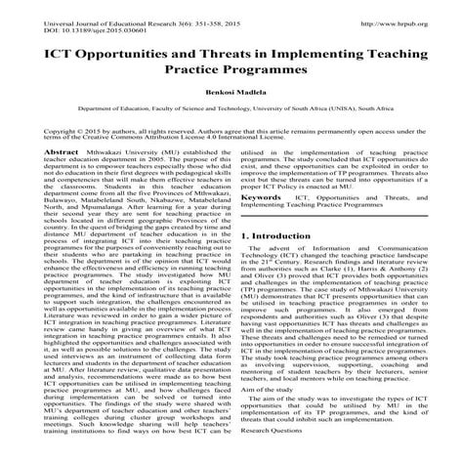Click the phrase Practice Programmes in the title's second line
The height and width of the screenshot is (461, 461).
click(x=230, y=70)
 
